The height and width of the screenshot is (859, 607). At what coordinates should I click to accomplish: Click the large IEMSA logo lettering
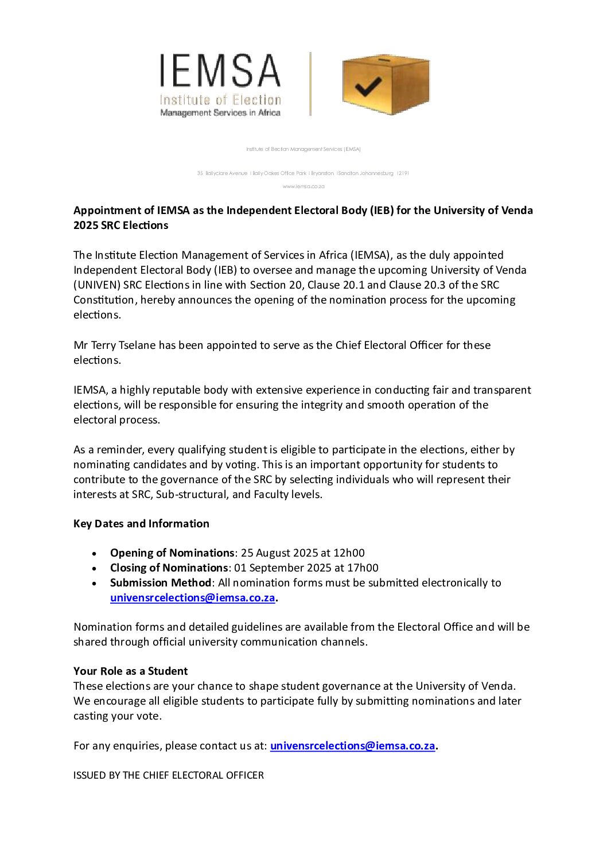pyautogui.click(x=220, y=71)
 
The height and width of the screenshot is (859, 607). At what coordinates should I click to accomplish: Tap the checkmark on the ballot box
pyautogui.click(x=368, y=86)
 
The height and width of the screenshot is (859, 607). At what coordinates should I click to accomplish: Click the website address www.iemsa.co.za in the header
pyautogui.click(x=303, y=186)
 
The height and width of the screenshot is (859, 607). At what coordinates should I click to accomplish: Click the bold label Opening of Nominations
pyautogui.click(x=172, y=553)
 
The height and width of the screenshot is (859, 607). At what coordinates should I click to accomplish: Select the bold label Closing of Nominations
pyautogui.click(x=169, y=568)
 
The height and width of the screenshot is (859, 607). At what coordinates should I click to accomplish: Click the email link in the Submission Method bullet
pyautogui.click(x=192, y=597)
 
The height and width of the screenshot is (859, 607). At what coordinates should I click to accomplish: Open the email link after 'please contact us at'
pyautogui.click(x=352, y=745)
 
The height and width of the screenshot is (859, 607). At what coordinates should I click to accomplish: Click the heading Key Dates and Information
pyautogui.click(x=141, y=523)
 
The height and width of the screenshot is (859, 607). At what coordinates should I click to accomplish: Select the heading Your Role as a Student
pyautogui.click(x=130, y=671)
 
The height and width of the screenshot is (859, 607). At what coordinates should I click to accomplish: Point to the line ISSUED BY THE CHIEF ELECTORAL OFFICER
pyautogui.click(x=169, y=775)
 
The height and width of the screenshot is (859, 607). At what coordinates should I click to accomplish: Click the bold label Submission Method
pyautogui.click(x=161, y=582)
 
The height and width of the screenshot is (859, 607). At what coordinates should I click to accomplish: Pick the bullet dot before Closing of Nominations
pyautogui.click(x=94, y=568)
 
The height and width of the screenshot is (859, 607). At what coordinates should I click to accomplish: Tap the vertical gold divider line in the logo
pyautogui.click(x=310, y=84)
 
